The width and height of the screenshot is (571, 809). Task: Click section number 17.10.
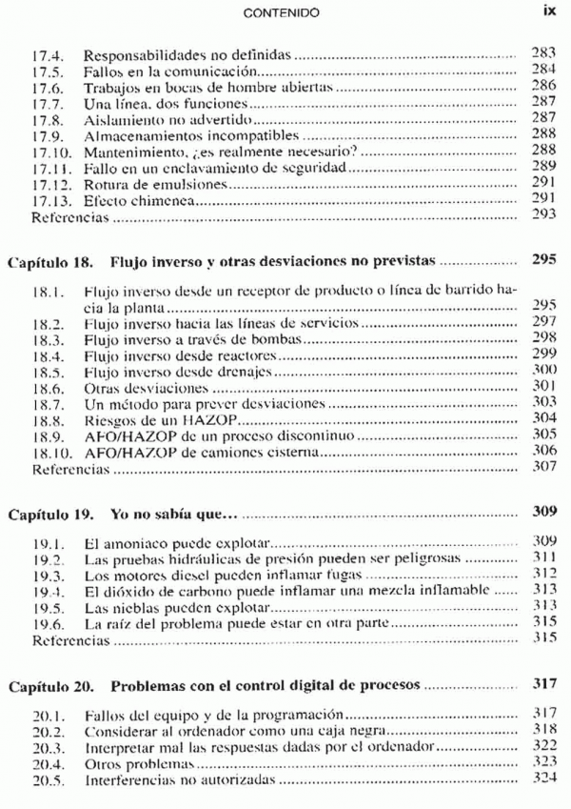click(50, 149)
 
